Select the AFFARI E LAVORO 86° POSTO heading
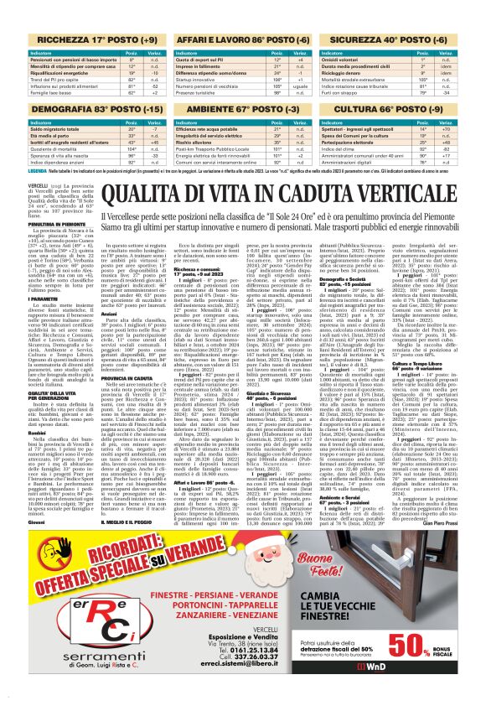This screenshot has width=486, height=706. pyautogui.click(x=241, y=39)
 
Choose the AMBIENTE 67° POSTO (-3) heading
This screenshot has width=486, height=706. pyautogui.click(x=241, y=108)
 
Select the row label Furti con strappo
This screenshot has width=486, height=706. pyautogui.click(x=342, y=94)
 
